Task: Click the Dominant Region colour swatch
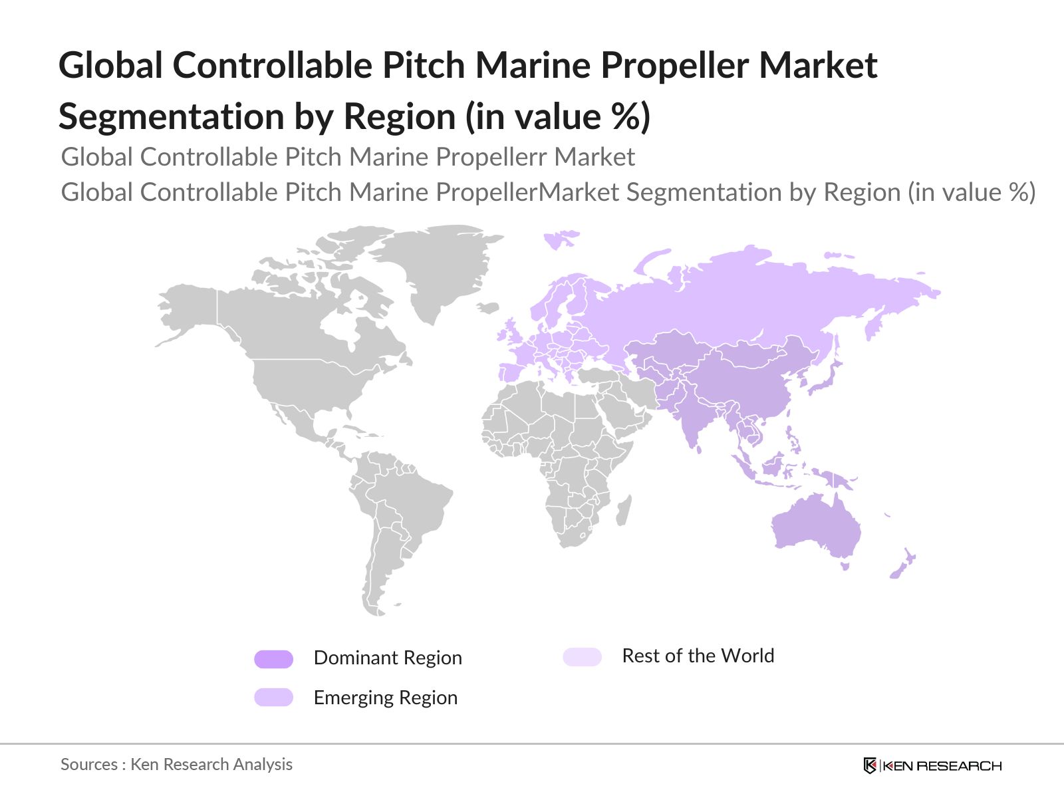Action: click(273, 659)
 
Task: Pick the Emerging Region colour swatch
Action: click(273, 698)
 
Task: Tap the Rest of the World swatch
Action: click(582, 657)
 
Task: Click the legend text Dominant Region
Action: click(387, 658)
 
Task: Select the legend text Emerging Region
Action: click(385, 698)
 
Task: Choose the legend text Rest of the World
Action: click(698, 656)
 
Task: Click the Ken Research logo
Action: click(932, 765)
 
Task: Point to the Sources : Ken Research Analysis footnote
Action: click(176, 764)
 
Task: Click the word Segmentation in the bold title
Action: click(171, 116)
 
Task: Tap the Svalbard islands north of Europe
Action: click(560, 238)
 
